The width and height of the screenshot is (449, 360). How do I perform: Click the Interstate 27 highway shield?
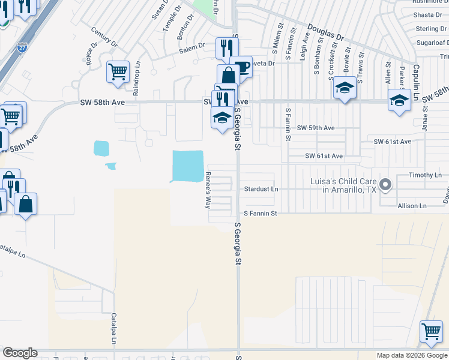pyautogui.click(x=22, y=47)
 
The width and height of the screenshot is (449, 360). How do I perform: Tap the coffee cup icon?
pyautogui.click(x=241, y=67)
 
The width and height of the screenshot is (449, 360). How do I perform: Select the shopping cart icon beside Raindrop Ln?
pyautogui.click(x=118, y=72)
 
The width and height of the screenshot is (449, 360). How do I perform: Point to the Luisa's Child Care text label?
pyautogui.click(x=339, y=185)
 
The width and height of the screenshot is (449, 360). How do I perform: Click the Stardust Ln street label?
pyautogui.click(x=261, y=189)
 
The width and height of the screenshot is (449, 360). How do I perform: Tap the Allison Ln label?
pyautogui.click(x=412, y=206)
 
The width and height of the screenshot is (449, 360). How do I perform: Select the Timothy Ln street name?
pyautogui.click(x=424, y=175)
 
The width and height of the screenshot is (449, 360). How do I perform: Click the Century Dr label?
pyautogui.click(x=103, y=37)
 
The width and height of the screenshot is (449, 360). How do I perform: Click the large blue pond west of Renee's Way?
pyautogui.click(x=188, y=166)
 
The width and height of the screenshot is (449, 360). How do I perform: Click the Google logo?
pyautogui.click(x=20, y=353)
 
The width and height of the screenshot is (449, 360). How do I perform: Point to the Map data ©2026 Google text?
pyautogui.click(x=412, y=355)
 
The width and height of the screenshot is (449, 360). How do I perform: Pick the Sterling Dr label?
pyautogui.click(x=431, y=29)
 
